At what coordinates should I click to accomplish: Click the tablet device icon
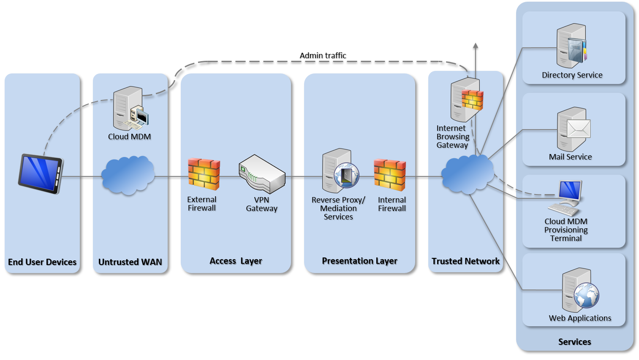coord(41,173)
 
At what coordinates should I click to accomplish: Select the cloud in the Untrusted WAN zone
coord(128,175)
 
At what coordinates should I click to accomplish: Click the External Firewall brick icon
coord(204,174)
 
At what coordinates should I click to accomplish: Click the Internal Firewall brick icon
coord(390,174)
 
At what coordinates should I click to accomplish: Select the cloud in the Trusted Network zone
coord(467,173)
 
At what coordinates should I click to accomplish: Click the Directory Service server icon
coord(572,46)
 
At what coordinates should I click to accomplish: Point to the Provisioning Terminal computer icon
coord(567,198)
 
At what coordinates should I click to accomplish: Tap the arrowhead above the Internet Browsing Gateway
coord(476,45)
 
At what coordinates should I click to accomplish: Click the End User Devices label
coord(42,262)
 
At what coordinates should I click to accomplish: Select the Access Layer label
coord(236,261)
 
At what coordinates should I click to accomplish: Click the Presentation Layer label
coord(359,261)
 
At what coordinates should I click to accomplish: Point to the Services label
coord(574,342)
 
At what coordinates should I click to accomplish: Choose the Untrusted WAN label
coord(130,262)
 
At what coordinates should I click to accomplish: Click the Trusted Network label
coord(465,261)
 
